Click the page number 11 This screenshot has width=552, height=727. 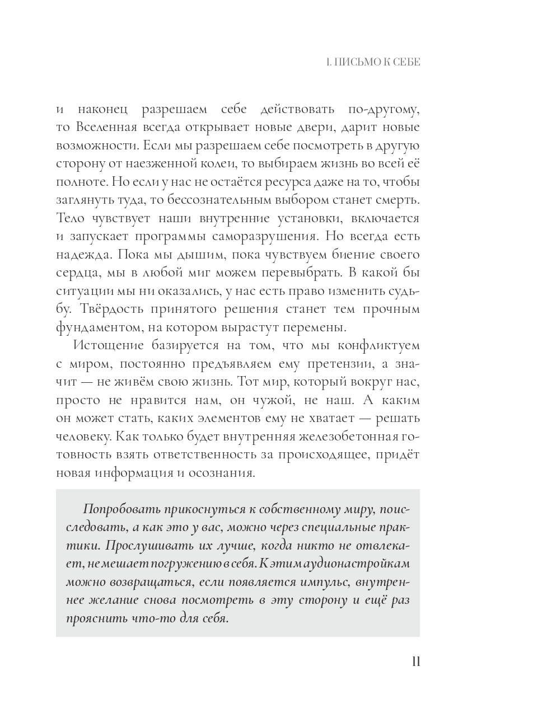point(415,662)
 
